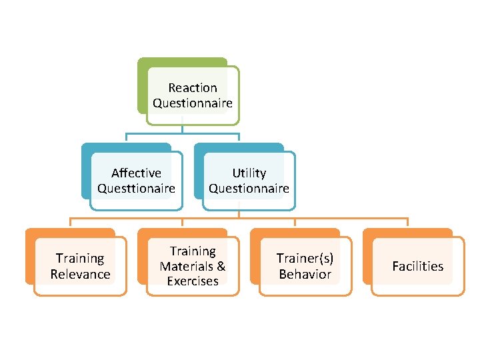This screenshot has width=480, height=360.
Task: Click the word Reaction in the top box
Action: tap(193, 87)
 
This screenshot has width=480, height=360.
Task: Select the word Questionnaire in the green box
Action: tap(193, 103)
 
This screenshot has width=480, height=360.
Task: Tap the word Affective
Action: tap(136, 173)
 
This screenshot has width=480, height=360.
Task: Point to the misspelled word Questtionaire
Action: tap(136, 189)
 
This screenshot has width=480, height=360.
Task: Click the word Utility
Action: tap(249, 173)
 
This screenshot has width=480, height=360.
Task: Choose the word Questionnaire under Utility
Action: tap(249, 189)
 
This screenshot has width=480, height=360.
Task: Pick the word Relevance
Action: tap(80, 274)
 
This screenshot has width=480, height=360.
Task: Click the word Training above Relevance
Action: tap(80, 258)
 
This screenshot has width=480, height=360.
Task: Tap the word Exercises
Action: tap(193, 281)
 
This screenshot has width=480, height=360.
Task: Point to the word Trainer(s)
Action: tap(305, 258)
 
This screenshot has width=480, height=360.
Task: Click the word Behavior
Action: tap(305, 274)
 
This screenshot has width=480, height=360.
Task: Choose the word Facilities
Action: tap(417, 266)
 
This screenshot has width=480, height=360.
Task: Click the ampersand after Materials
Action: tap(221, 266)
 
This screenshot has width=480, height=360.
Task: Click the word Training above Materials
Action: tap(193, 251)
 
